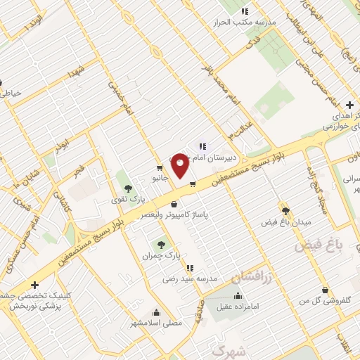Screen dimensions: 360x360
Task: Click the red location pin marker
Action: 180,165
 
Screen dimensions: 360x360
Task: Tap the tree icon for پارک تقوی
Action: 127,188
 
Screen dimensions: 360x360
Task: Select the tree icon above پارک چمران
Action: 162,245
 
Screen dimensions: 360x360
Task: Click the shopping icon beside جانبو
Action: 161,168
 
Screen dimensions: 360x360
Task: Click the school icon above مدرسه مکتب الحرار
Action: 245,11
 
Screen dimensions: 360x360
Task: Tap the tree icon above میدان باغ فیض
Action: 285,210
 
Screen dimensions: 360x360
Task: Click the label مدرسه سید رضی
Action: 190,279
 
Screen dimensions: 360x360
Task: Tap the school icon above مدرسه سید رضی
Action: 190,268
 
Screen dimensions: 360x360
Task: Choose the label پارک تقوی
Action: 127,200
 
